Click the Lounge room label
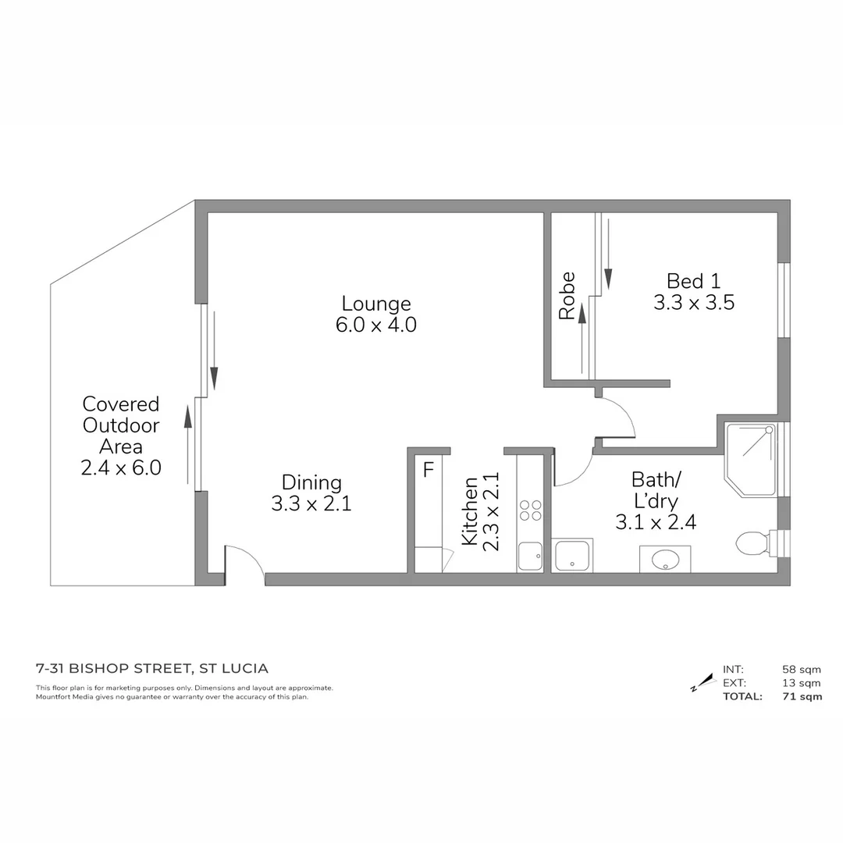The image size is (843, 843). [376, 304]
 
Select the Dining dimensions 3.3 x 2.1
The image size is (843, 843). [311, 504]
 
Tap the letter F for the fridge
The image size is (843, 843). [428, 471]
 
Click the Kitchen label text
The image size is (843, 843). [469, 511]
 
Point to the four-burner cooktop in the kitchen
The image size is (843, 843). [531, 510]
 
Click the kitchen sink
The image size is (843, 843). [530, 557]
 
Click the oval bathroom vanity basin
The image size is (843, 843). [665, 559]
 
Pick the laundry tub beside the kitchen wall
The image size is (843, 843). [572, 555]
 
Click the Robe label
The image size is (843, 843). [567, 296]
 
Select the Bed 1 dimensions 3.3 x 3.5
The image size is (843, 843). [694, 303]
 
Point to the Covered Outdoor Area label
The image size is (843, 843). [121, 425]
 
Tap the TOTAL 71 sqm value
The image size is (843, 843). [802, 697]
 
